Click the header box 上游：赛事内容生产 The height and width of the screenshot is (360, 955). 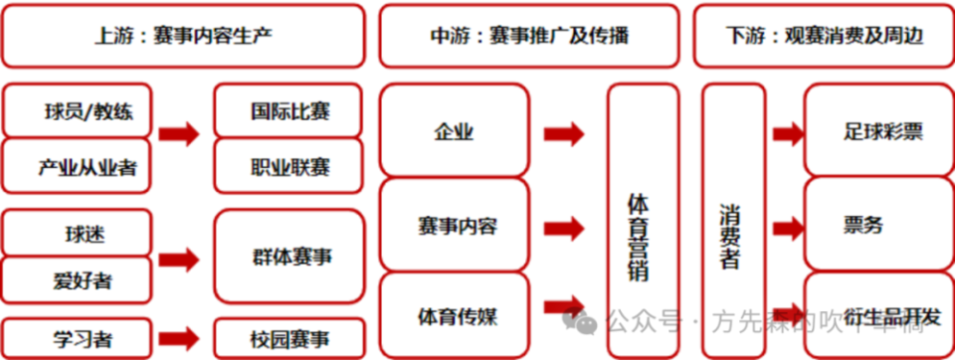click(x=184, y=36)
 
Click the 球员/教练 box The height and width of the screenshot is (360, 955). click(x=78, y=111)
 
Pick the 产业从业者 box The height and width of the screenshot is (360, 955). click(x=78, y=165)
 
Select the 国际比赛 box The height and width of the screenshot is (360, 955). click(x=288, y=111)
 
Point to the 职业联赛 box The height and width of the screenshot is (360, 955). click(x=288, y=165)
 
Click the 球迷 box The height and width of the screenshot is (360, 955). click(x=78, y=234)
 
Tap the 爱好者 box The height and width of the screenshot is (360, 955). click(x=78, y=280)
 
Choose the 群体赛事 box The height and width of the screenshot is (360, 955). click(x=288, y=258)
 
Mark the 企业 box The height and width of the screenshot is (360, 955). click(x=454, y=132)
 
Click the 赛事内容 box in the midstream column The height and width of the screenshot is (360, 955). click(x=454, y=226)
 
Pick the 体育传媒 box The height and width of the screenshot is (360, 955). click(x=454, y=317)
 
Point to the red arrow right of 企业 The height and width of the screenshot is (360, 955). click(x=563, y=132)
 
